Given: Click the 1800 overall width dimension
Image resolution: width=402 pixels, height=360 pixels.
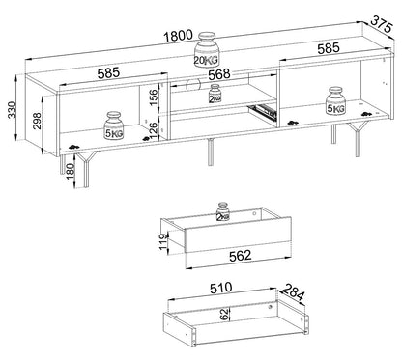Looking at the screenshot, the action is tap(178, 36).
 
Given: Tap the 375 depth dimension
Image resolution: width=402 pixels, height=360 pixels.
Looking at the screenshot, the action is tap(382, 24).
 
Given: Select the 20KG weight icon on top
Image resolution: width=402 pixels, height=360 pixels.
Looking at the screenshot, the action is tap(207, 49).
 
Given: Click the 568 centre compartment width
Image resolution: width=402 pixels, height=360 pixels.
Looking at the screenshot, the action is tap(219, 74).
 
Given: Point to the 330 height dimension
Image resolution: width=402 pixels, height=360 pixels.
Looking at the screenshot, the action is tap(13, 110).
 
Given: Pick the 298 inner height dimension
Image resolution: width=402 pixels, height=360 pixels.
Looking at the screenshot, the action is tap(37, 121).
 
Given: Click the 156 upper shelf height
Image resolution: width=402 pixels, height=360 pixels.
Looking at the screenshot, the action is tap(154, 97).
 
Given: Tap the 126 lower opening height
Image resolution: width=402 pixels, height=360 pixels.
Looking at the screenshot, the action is tap(154, 130).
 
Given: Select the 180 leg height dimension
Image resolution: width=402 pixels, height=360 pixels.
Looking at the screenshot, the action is tap(70, 172).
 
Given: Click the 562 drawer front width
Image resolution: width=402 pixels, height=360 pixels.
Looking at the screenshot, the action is tap(240, 256).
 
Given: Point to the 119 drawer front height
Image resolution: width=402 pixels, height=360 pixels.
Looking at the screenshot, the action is tap(164, 241).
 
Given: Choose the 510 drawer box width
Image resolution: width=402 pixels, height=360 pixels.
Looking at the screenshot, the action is tap(220, 288).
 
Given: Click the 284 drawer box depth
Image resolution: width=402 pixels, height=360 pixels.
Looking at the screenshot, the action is tap(293, 292).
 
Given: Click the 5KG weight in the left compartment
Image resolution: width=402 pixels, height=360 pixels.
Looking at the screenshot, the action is tap(114, 125).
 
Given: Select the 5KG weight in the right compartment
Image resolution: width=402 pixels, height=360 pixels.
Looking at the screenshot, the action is tap(335, 100).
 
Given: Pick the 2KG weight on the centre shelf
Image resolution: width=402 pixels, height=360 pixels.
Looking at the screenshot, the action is tap(215, 94).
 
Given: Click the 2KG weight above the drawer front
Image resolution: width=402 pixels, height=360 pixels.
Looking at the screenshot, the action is tap(223, 211).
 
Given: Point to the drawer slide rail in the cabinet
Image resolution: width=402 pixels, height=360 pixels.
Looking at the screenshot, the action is tap(262, 112).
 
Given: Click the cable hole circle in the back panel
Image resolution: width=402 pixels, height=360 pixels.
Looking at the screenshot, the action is tap(193, 84).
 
